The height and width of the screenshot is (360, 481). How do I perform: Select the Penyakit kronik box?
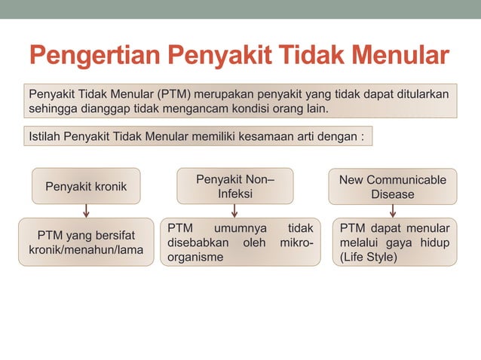86,186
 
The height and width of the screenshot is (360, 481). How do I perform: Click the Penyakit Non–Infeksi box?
235,186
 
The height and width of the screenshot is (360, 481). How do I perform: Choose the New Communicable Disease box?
392,186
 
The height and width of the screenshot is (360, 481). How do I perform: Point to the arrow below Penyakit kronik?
86,210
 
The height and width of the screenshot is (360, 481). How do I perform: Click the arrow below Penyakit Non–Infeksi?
235,210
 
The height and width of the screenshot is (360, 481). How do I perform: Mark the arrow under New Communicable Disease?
393,210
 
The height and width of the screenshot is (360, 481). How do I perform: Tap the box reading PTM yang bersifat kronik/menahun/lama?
86,242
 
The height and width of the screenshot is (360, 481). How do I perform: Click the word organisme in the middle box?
195,257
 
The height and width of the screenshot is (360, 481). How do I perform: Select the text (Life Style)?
369,257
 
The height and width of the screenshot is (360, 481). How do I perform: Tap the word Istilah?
44,137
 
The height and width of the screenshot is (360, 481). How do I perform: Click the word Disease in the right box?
392,194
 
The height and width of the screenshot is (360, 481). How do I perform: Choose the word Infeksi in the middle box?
235,194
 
